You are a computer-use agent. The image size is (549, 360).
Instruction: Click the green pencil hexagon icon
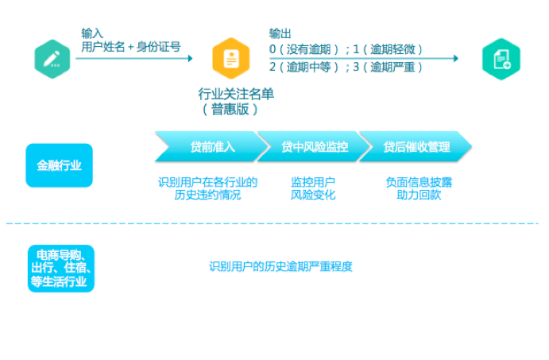[52, 59]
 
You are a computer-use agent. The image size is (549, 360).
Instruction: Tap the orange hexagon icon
[230, 58]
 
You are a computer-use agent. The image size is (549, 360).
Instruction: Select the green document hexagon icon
[501, 59]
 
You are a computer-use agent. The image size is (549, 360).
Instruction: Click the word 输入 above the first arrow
[92, 33]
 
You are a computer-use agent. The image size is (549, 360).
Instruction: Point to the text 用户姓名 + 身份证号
[131, 48]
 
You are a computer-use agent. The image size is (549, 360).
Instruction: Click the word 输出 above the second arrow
[280, 33]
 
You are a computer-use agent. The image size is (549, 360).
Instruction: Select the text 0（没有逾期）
[305, 49]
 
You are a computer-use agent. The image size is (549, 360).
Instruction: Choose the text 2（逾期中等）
[305, 67]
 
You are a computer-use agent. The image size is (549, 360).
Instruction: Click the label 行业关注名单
[236, 95]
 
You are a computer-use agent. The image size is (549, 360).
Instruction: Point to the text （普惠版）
[230, 110]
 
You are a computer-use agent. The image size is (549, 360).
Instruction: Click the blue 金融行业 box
[59, 165]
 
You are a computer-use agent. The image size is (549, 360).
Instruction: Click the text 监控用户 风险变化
[313, 188]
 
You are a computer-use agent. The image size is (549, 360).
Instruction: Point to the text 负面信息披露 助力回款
[419, 188]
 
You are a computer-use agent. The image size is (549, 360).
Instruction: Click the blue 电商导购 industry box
[61, 268]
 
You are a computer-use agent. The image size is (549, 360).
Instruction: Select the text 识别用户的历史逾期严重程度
[280, 267]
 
